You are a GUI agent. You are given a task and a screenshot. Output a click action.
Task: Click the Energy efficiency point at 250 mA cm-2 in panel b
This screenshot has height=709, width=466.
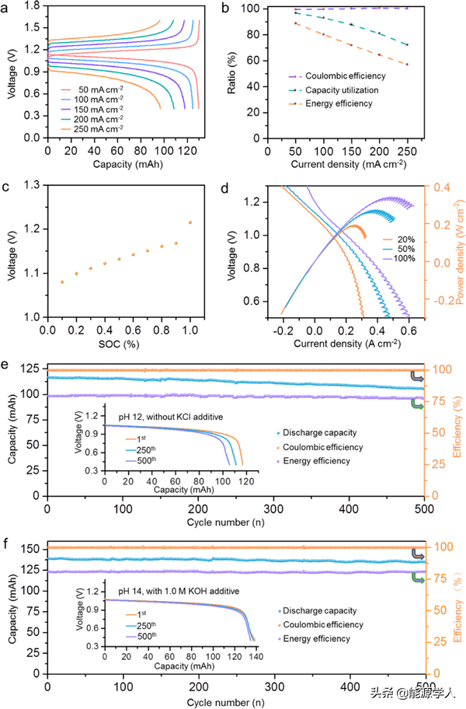(406, 65)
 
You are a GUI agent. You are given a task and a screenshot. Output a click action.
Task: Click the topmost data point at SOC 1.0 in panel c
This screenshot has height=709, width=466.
(190, 222)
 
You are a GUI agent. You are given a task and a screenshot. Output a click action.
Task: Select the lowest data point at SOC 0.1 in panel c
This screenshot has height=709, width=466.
(62, 281)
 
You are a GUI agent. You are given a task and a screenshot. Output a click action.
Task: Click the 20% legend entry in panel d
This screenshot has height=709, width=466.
(391, 236)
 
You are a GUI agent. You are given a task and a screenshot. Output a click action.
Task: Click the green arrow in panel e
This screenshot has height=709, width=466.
(418, 404)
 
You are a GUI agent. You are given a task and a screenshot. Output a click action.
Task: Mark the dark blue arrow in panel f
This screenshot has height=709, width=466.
(418, 554)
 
